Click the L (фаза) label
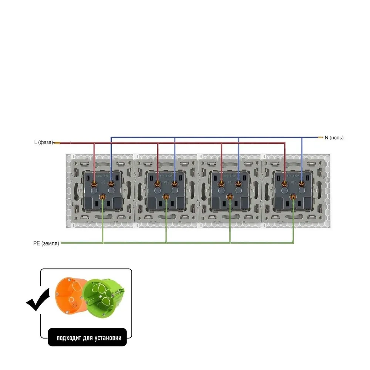(x=43, y=142)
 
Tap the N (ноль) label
(x=334, y=138)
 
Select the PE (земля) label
(x=46, y=243)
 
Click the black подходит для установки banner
(x=87, y=337)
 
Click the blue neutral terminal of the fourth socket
(x=302, y=183)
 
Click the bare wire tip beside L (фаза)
(x=57, y=142)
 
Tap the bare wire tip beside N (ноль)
(x=320, y=138)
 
